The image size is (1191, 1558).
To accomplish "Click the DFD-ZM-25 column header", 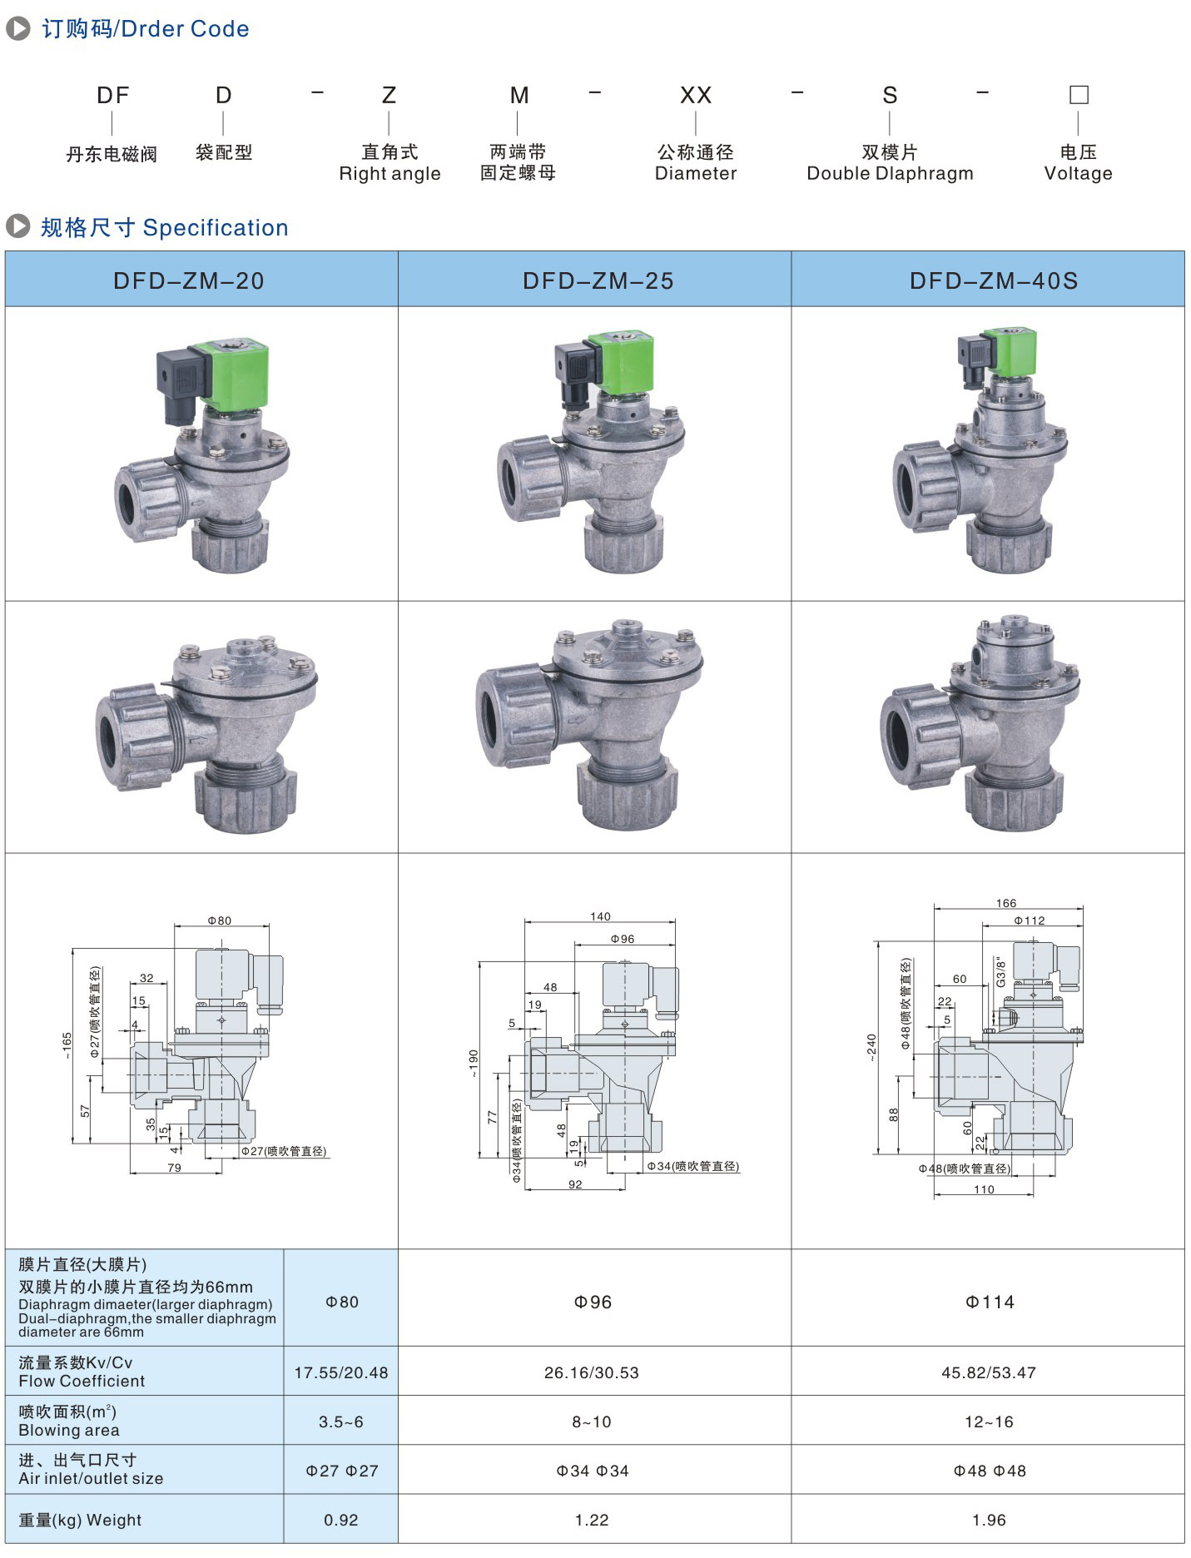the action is tap(598, 280).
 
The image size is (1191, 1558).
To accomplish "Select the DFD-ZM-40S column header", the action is tap(994, 280).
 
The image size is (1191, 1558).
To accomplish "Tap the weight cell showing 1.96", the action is tap(989, 1520).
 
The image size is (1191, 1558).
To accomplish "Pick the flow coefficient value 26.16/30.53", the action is tap(592, 1372).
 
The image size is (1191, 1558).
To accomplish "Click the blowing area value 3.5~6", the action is tap(341, 1422).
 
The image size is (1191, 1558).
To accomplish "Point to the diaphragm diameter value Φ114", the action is tap(990, 1302).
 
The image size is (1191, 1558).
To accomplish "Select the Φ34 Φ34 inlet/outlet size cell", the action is tap(593, 1471).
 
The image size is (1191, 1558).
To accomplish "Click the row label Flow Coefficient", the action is tap(82, 1381).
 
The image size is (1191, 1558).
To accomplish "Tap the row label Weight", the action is tap(114, 1520).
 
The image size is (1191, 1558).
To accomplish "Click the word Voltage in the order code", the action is tap(1078, 173).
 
